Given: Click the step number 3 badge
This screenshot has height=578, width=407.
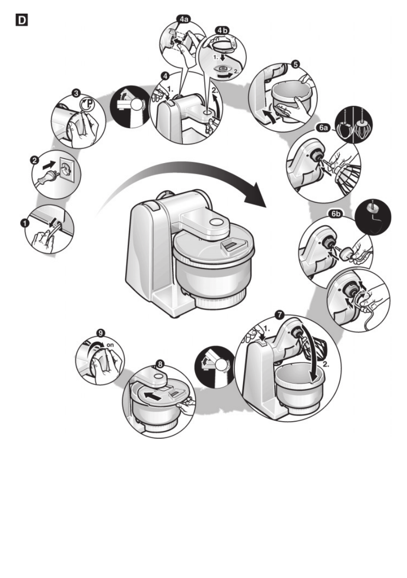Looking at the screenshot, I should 76,92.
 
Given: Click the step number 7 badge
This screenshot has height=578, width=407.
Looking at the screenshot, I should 278,314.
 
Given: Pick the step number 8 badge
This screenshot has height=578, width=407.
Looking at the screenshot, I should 160,362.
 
